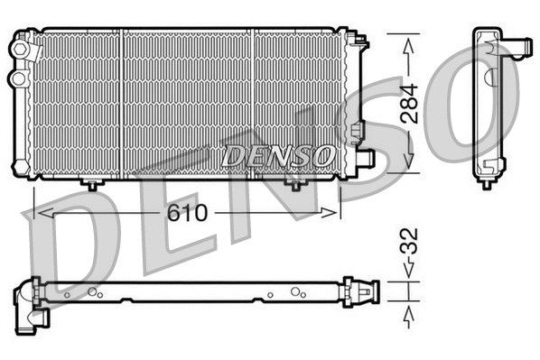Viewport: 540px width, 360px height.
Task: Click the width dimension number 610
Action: coord(187,214)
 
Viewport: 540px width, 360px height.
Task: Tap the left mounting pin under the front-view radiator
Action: coord(92,185)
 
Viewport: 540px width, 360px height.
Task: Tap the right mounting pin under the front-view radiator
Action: coord(295,185)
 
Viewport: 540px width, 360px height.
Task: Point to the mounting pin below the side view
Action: coord(486,183)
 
